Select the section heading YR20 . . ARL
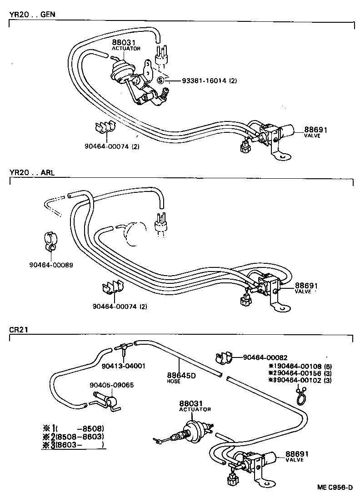[31, 173]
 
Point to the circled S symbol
[160, 80]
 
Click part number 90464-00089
[50, 265]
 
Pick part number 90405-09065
[112, 384]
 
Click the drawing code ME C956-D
[335, 488]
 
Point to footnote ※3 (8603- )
[73, 444]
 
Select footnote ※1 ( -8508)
[73, 428]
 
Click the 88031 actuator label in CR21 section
[191, 404]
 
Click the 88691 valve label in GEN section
[314, 130]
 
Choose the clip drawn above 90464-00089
[50, 241]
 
